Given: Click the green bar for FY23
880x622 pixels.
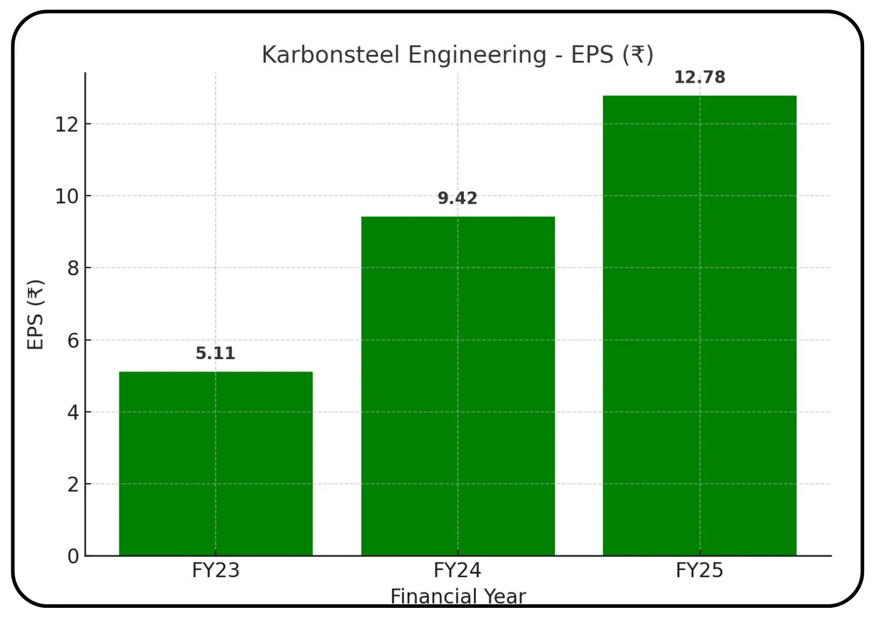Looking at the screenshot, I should click(x=216, y=463).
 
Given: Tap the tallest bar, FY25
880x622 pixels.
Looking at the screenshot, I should click(x=699, y=325).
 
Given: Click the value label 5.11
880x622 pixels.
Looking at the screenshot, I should click(x=215, y=353).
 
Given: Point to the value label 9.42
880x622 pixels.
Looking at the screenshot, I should click(x=457, y=198).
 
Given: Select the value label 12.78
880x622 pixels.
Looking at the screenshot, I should click(x=699, y=77).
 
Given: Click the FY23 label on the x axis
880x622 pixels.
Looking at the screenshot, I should click(x=216, y=571).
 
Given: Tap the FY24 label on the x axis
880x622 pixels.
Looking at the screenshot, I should click(x=457, y=571).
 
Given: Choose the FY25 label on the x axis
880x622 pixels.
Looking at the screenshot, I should click(x=699, y=571).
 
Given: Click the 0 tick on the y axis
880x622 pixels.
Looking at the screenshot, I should click(x=73, y=556).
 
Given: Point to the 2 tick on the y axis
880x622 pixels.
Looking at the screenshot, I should click(x=73, y=484).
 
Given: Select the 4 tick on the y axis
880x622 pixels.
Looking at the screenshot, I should click(x=73, y=412).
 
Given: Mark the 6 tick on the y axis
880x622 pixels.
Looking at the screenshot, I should click(x=73, y=340).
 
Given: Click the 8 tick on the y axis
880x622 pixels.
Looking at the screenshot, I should click(x=73, y=268).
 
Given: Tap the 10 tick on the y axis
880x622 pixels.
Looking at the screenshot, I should click(x=66, y=196).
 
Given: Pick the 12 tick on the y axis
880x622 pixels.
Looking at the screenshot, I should click(x=66, y=124).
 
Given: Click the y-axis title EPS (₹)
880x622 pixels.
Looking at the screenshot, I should click(x=35, y=314).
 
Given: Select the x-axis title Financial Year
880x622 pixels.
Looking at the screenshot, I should click(x=458, y=597).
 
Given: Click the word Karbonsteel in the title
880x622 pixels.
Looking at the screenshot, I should click(x=330, y=55).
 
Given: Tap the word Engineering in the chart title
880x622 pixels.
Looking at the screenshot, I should click(x=477, y=55).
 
